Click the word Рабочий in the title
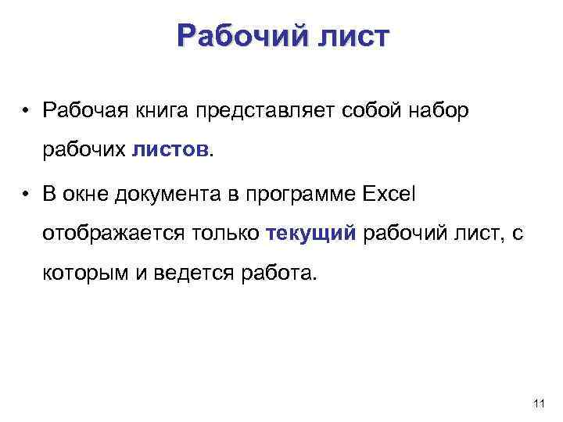point(231,37)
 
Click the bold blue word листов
point(170,148)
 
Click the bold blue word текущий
point(311,233)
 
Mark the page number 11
point(538,403)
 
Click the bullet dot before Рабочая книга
point(27,110)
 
